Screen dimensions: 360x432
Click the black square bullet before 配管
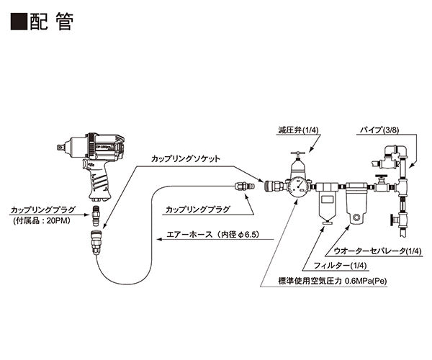[x=19, y=22]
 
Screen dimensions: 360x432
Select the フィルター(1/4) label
[x=333, y=266]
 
